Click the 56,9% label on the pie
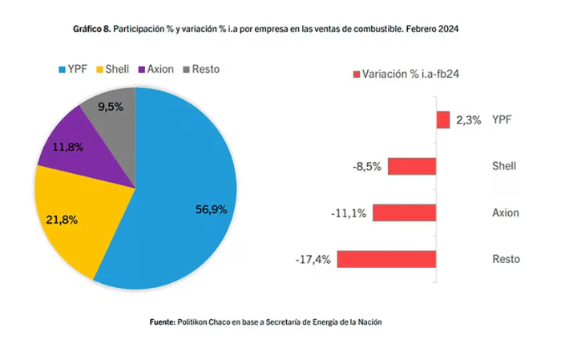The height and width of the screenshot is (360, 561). [x=212, y=209]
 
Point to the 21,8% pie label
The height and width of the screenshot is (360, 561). [x=61, y=219]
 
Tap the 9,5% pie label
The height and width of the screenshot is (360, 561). [x=111, y=106]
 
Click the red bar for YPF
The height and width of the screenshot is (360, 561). [x=443, y=119]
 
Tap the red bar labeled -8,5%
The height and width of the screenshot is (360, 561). [x=412, y=166]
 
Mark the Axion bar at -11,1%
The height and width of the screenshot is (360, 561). [x=405, y=212]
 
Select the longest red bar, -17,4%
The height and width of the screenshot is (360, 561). [x=386, y=259]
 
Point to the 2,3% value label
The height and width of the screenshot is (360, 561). [x=468, y=120]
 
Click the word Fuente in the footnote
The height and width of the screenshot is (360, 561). [x=163, y=322]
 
